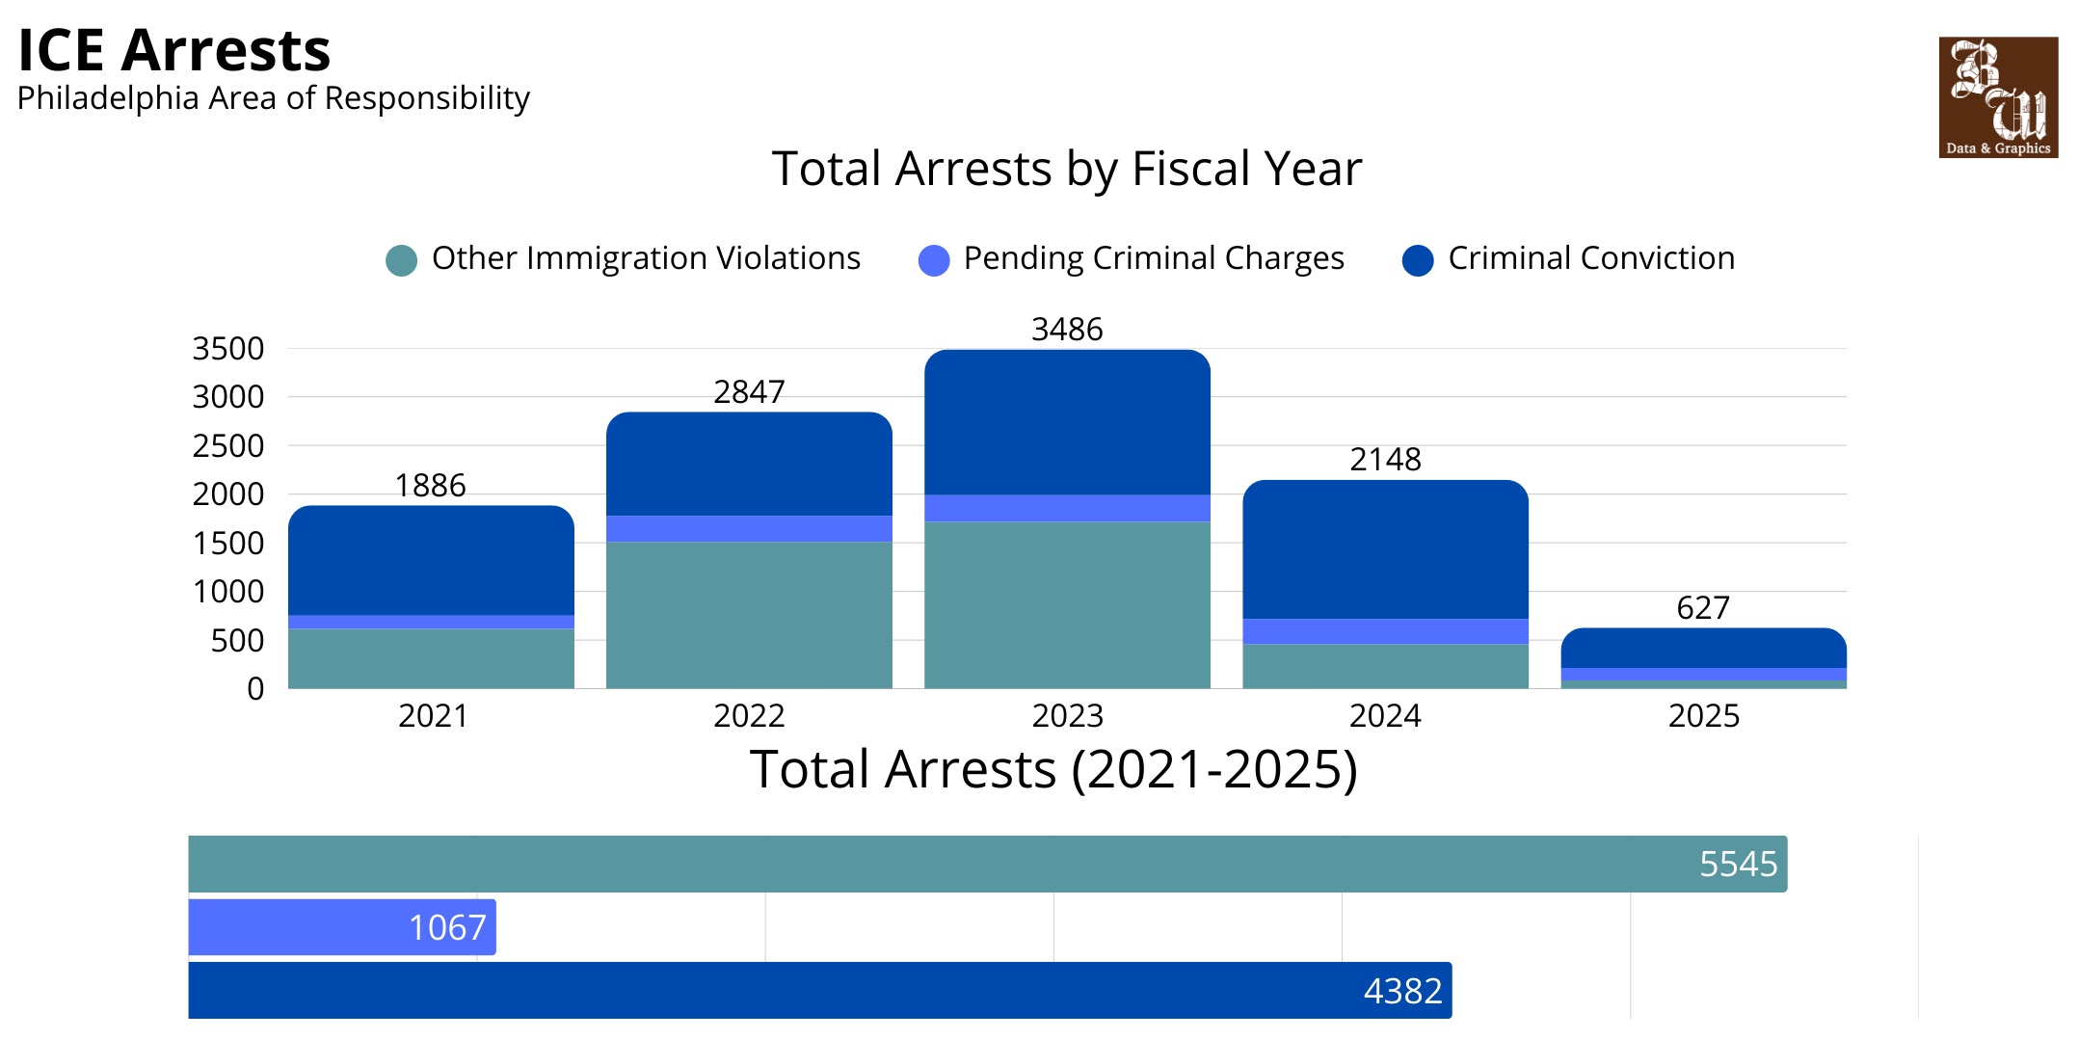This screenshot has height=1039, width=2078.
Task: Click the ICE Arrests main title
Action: point(174,50)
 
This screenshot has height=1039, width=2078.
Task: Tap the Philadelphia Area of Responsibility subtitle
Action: point(273,98)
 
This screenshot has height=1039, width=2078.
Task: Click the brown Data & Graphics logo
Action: point(1997,97)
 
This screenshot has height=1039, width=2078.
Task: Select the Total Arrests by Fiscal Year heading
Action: point(1066,169)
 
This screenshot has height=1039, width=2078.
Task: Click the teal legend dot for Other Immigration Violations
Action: point(401,260)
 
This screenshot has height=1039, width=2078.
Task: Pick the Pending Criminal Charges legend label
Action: point(1153,258)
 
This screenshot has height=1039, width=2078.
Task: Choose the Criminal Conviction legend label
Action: point(1590,258)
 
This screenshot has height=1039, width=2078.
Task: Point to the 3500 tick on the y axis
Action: point(228,349)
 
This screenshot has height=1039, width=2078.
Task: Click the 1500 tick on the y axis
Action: point(228,544)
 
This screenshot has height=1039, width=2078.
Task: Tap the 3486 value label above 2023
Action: point(1066,330)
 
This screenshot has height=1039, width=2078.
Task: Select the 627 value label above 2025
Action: point(1702,608)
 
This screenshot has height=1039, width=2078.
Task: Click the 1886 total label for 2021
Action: point(430,486)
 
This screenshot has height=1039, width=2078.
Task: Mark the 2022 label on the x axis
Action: point(749,716)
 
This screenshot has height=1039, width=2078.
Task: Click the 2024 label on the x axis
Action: point(1385,716)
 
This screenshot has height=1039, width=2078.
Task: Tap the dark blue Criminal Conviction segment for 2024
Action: point(1385,549)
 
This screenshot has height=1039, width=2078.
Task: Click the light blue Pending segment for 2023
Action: point(1066,508)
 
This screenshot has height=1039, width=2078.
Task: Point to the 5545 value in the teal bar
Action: point(1737,865)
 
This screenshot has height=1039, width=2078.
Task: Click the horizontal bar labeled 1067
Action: point(341,927)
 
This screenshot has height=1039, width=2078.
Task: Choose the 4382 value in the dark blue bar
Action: point(1402,991)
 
